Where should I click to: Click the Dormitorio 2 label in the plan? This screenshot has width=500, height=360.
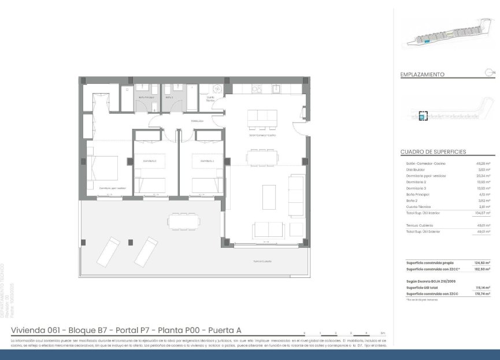pyautogui.click(x=150, y=161)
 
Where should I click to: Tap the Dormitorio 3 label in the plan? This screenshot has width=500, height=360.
pyautogui.click(x=208, y=161)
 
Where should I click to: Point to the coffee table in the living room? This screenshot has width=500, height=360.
pyautogui.click(x=269, y=197)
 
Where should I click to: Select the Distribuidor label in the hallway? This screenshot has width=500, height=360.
pyautogui.click(x=198, y=121)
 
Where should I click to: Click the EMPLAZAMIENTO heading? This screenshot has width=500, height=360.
pyautogui.click(x=423, y=75)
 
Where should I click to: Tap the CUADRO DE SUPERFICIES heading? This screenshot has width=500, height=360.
pyautogui.click(x=434, y=152)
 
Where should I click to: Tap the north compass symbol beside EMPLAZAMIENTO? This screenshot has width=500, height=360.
pyautogui.click(x=490, y=72)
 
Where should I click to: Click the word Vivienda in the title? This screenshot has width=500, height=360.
pyautogui.click(x=29, y=330)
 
